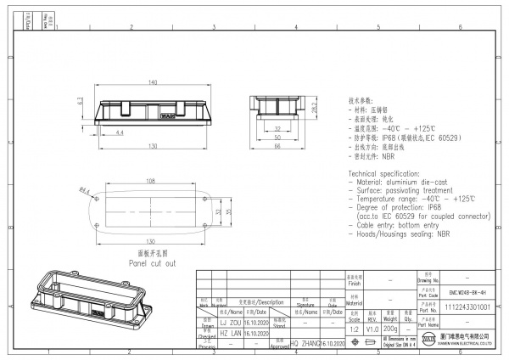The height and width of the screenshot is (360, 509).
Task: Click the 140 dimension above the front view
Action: [x=154, y=82]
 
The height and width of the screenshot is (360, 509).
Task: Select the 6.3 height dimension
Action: [x=79, y=101]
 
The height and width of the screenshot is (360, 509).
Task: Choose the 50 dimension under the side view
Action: [x=277, y=136]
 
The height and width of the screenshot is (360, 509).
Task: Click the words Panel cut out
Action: [x=152, y=263]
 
